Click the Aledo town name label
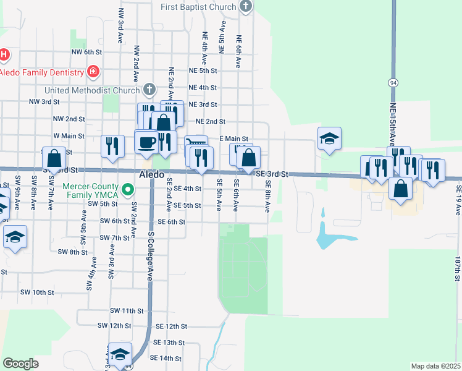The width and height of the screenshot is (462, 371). click(x=151, y=174)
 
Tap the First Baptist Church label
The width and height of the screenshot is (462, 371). click(x=198, y=7)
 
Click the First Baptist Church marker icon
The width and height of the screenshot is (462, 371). click(x=246, y=7)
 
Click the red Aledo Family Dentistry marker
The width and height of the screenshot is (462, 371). click(x=93, y=72)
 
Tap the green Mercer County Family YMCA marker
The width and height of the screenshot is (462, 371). click(x=128, y=189)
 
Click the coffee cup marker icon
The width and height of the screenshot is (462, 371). click(x=147, y=142)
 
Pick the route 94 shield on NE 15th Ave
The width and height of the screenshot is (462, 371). click(x=393, y=82)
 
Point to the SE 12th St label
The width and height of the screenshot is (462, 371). click(x=171, y=326)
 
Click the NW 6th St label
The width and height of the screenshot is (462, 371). click(x=86, y=53)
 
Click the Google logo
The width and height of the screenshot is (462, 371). click(x=21, y=363)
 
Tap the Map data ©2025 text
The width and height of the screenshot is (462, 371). click(x=435, y=366)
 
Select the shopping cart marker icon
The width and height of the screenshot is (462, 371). click(x=196, y=145)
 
